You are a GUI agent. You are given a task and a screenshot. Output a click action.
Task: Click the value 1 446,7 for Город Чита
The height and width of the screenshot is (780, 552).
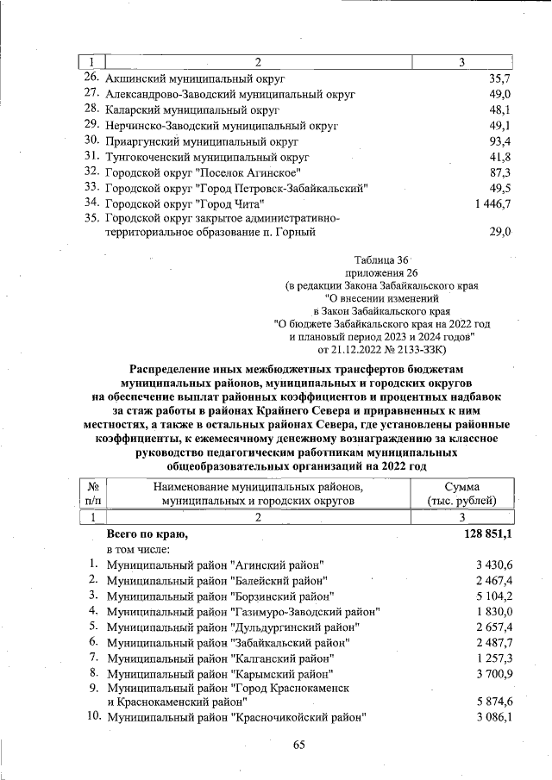492,203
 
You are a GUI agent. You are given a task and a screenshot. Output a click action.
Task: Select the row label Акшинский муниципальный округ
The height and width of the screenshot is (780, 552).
186,78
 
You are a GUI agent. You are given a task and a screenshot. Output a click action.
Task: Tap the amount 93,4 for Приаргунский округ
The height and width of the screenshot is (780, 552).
501,140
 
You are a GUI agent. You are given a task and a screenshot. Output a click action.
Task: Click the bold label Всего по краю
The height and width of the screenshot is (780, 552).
147,535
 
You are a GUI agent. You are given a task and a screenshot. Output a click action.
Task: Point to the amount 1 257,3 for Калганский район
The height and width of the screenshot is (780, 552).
495,658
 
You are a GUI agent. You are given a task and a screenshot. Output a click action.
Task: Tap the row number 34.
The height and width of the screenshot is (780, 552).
92,203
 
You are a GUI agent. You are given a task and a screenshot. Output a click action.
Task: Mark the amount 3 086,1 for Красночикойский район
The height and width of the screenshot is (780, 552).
495,717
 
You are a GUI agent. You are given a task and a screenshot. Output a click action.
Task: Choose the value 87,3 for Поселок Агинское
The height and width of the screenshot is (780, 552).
501,172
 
